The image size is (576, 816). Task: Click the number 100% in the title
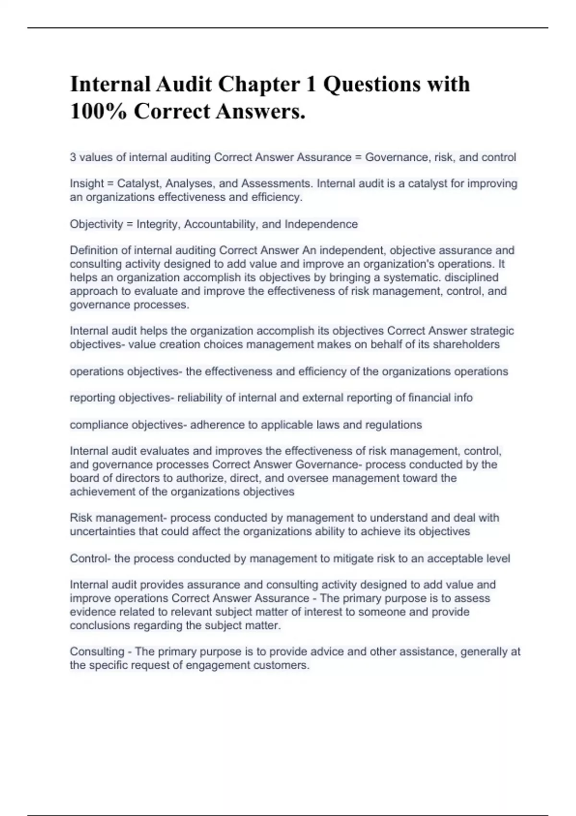98,111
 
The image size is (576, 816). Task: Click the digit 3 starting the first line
73,157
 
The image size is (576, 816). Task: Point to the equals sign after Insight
110,183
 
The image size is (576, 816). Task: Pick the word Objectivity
96,224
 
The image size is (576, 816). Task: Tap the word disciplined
471,277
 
